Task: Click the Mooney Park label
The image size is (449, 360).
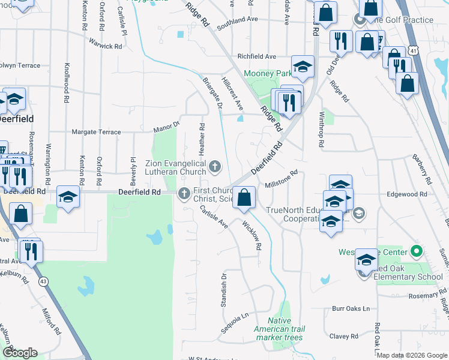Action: [x=267, y=74]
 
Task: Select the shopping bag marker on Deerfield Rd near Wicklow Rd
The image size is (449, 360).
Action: [x=244, y=197]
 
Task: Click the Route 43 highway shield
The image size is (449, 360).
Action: [x=43, y=281]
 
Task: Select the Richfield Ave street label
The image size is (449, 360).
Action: [x=256, y=56]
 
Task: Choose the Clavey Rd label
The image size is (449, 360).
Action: [x=345, y=337]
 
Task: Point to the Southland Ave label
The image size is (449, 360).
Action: [x=237, y=20]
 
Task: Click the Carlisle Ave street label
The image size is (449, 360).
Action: [x=214, y=215]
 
